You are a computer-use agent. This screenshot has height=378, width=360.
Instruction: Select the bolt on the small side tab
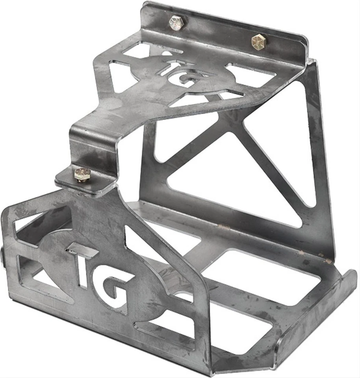pos(83,174)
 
